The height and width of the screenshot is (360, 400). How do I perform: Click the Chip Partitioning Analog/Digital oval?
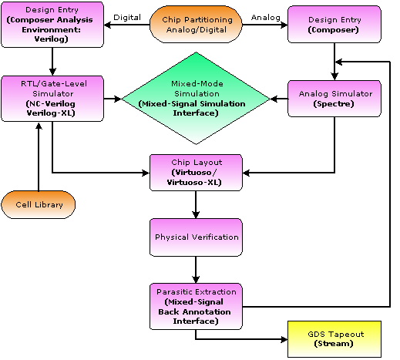pos(196,25)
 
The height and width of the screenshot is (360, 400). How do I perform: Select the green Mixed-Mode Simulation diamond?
pos(196,99)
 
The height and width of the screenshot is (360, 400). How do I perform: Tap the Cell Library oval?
pos(39,204)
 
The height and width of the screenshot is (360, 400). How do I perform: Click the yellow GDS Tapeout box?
pos(334,339)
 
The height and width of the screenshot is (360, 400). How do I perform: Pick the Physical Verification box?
pos(196,237)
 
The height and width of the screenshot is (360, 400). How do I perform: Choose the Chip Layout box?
pos(196,173)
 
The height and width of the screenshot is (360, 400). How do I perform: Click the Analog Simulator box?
pos(334,99)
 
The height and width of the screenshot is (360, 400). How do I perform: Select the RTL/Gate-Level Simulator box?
pos(52,99)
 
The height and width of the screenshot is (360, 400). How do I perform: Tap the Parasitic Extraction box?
pos(196,306)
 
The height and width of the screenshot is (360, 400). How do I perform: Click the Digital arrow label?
pos(127,18)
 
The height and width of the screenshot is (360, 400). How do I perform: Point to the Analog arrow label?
pos(266,18)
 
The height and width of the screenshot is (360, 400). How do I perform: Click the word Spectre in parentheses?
pos(334,104)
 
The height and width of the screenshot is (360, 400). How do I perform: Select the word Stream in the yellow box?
pos(334,344)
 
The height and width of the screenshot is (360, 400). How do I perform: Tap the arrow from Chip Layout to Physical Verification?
pos(196,204)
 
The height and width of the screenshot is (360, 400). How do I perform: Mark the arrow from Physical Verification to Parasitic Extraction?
pos(196,270)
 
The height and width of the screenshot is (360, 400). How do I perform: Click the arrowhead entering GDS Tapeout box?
pos(284,339)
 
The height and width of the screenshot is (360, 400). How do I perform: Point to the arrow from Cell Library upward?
pos(39,156)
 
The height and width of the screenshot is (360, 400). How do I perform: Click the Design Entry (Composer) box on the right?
pos(334,25)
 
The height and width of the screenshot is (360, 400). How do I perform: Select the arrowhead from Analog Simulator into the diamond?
pos(274,99)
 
